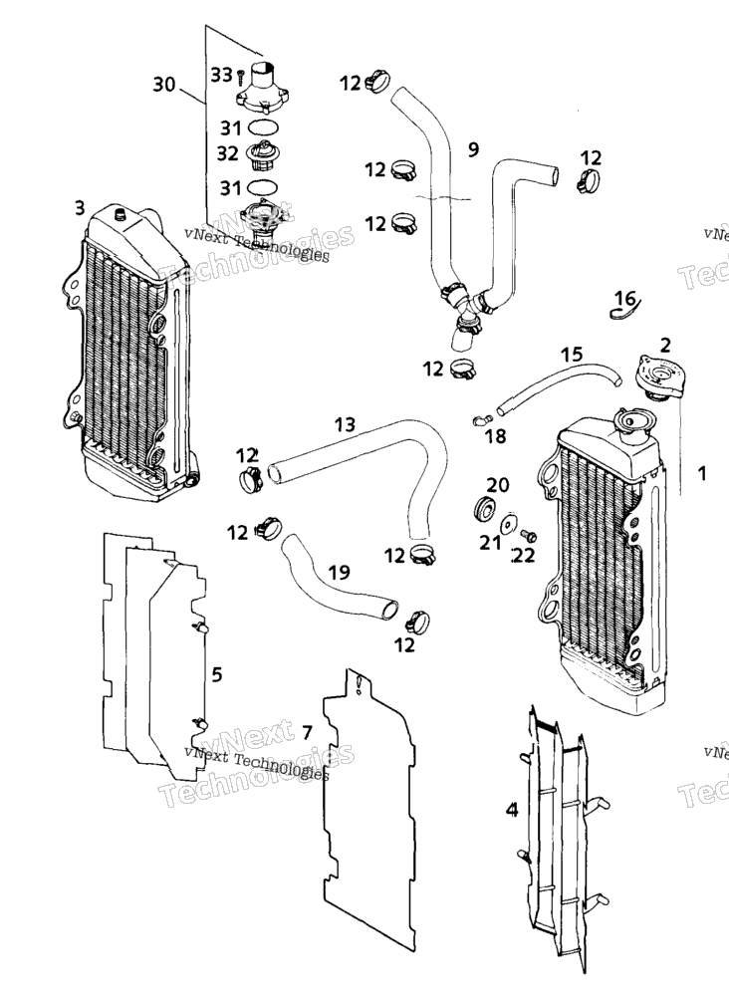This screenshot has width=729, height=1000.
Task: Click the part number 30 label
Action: tap(164, 84)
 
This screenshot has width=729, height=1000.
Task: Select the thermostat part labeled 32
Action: tap(262, 156)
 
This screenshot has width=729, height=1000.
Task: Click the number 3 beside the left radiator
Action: tap(79, 208)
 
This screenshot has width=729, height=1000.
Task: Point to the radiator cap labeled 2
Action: tap(658, 377)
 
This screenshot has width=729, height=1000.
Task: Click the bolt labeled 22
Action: tap(529, 535)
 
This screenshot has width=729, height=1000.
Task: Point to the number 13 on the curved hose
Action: tap(345, 424)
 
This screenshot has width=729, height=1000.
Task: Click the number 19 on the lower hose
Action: tap(339, 572)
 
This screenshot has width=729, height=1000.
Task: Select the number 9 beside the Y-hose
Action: tap(473, 149)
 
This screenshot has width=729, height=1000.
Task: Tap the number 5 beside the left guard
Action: tap(217, 673)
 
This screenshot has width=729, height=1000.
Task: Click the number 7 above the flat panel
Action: tap(307, 732)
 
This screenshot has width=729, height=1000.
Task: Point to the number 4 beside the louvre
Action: tap(512, 810)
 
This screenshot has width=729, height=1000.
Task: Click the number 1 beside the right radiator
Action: tap(702, 473)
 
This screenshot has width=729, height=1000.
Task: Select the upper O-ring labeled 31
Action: tap(262, 126)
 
